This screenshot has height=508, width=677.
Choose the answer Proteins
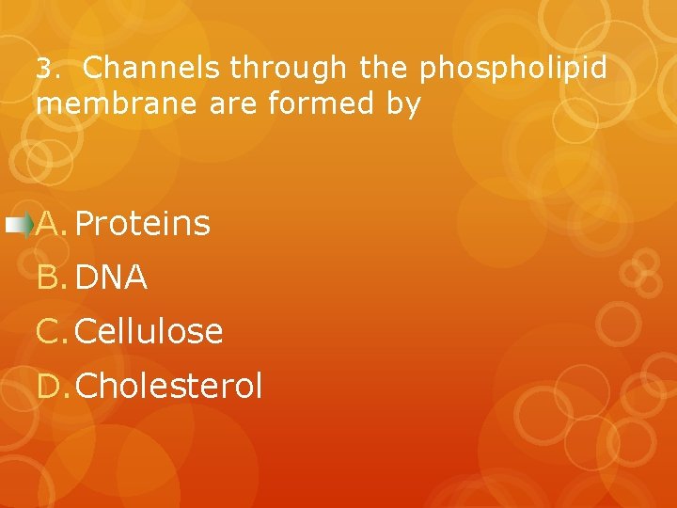coord(142,224)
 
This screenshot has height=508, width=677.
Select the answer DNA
coord(111,278)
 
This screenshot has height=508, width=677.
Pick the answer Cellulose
coord(149,331)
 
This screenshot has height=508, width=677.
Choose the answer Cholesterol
coord(169,386)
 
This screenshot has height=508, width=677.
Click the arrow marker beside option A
coord(18,224)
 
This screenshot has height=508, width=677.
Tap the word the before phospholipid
coord(386,69)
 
